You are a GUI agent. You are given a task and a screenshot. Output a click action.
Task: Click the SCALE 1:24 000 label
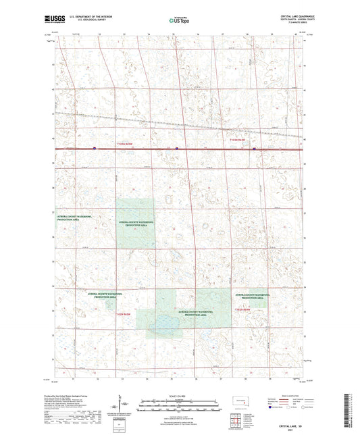(179, 396)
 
